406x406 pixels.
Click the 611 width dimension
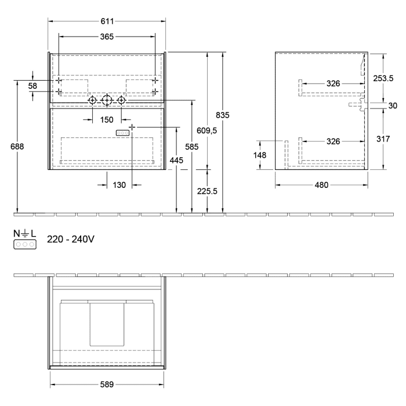[x=107, y=21]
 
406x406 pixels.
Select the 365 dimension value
[x=107, y=36]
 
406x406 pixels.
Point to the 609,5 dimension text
[x=206, y=131]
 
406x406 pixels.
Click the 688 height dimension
[x=18, y=147]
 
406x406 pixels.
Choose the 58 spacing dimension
[x=32, y=86]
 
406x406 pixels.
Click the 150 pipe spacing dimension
[x=106, y=120]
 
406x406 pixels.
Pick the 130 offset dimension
[x=119, y=185]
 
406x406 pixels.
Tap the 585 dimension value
[x=191, y=147]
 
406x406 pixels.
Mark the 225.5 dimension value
[x=207, y=192]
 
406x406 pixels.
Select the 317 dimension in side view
[x=383, y=139]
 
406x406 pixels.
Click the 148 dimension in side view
[x=259, y=155]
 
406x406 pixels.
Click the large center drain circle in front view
[x=106, y=101]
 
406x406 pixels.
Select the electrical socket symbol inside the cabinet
[x=123, y=133]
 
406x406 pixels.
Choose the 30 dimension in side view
[x=393, y=105]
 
